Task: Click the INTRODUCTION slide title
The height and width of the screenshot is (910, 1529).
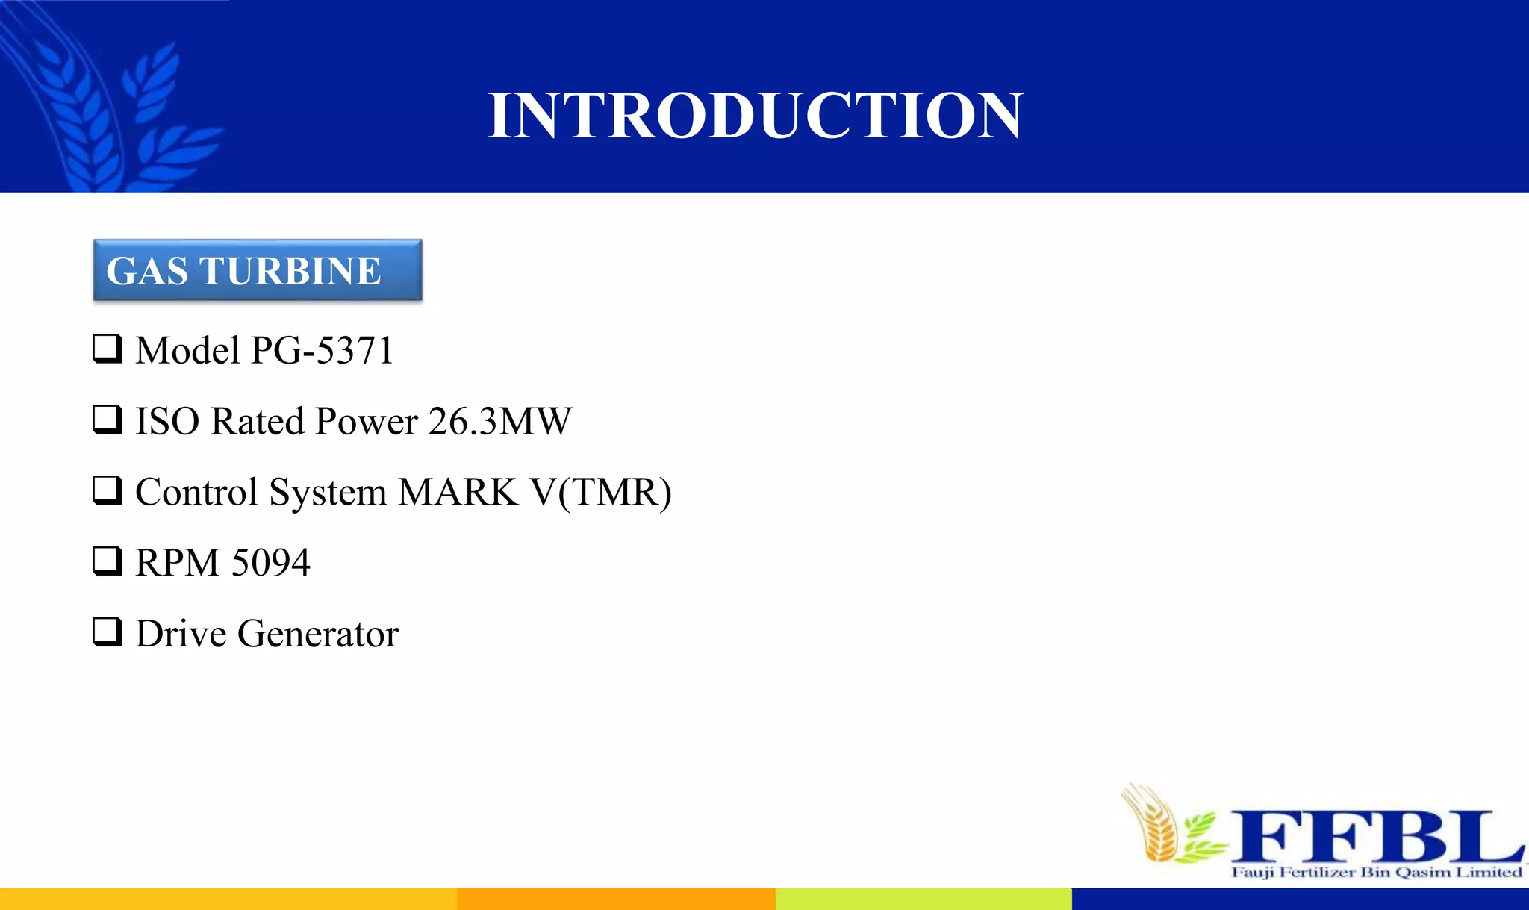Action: [755, 115]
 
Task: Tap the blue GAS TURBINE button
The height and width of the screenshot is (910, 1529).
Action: [258, 270]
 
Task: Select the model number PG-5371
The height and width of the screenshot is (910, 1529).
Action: [322, 350]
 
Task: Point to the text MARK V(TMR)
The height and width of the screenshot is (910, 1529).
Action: [535, 492]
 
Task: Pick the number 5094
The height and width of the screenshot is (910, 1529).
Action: [270, 562]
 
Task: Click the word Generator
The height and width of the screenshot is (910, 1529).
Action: [318, 634]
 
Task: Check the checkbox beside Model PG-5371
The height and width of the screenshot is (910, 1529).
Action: [108, 349]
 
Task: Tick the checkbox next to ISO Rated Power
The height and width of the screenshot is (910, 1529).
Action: [108, 420]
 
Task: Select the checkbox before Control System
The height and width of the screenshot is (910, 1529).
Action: [108, 491]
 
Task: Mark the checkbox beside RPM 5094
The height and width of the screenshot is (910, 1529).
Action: [108, 561]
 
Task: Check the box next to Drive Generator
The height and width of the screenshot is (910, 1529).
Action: [108, 632]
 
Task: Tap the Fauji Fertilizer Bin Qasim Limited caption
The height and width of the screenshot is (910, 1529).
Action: [1376, 872]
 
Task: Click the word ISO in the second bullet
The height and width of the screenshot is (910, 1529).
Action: [167, 421]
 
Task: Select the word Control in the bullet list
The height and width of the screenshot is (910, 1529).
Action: [196, 492]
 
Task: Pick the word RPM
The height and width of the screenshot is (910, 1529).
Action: [178, 562]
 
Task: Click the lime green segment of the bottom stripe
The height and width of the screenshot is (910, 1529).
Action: [924, 899]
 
